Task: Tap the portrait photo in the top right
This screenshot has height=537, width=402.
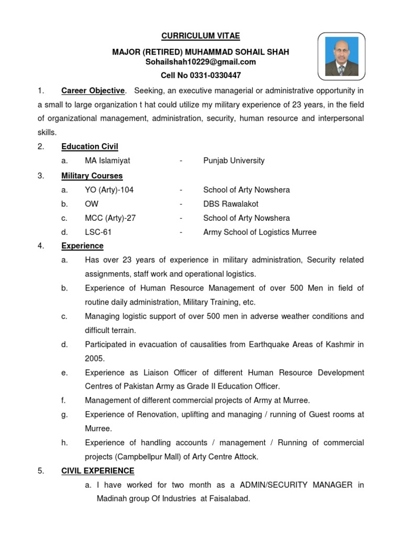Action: [342, 56]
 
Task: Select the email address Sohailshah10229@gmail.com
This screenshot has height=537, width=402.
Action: [200, 62]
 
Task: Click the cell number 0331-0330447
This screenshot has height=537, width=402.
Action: [201, 76]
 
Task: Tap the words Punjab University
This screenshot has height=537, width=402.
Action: [234, 161]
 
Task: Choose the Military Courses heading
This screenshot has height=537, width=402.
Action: [92, 176]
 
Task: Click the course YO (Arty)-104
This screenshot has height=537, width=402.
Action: [109, 190]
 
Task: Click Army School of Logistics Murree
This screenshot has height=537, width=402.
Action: [260, 232]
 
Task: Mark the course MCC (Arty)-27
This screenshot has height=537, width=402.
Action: [110, 218]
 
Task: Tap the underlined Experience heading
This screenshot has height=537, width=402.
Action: [82, 246]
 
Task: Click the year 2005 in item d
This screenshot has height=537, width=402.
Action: [95, 359]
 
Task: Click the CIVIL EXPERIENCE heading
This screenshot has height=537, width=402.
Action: [98, 471]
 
